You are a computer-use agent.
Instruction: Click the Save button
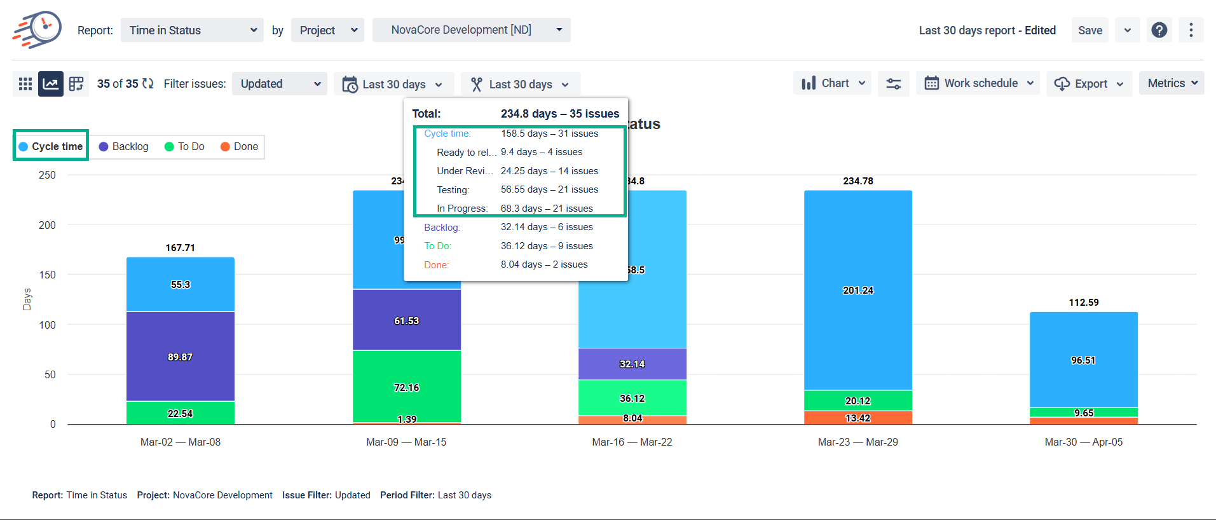tap(1090, 31)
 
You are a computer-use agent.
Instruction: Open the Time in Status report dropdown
tap(192, 31)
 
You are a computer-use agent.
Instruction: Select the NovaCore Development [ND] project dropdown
tap(471, 30)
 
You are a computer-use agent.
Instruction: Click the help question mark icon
tap(1159, 30)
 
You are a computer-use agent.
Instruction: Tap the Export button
tap(1089, 84)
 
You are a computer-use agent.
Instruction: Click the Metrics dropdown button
tap(1172, 83)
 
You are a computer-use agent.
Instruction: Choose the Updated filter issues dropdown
tap(280, 84)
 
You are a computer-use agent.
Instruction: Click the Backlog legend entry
tap(124, 147)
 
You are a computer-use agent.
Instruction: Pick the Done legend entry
tap(239, 147)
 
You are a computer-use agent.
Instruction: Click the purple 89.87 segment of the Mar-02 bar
tap(181, 357)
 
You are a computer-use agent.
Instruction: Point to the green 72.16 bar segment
tap(407, 387)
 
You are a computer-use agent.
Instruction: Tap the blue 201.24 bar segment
tap(858, 291)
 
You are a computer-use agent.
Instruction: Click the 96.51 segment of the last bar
tap(1083, 360)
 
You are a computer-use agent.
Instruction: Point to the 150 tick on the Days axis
tap(47, 275)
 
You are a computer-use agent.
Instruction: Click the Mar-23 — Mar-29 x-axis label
tap(857, 442)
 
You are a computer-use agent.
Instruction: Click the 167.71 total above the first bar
tap(181, 248)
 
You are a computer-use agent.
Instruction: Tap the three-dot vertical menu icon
tap(1191, 30)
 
